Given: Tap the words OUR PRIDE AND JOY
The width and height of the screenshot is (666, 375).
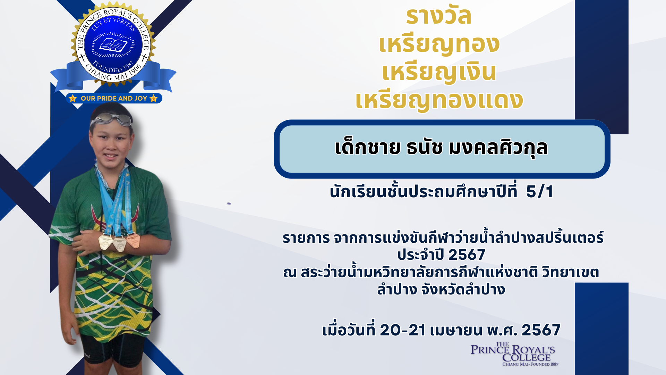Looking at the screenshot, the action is pos(114,98).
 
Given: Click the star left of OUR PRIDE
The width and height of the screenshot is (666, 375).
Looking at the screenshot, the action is pos(72,98).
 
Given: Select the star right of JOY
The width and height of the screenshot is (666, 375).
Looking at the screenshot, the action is pos(154,98).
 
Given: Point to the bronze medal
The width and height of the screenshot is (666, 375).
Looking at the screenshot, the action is pos(133,241).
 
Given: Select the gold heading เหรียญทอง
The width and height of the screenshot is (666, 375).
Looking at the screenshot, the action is pos(439,44).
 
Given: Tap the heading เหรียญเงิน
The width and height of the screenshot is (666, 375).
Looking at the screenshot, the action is pos(439,72).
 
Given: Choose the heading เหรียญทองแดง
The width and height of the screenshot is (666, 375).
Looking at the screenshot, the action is pos(439,100).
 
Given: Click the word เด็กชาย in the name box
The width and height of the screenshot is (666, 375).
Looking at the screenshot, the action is pos(367,147).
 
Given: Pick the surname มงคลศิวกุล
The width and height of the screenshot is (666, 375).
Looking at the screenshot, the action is pos(498,148).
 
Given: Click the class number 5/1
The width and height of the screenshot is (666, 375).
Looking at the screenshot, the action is pos(540,192).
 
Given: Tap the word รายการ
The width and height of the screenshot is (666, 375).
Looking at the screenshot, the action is pos(306,239).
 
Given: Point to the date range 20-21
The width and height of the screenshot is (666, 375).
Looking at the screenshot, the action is pos(403,330).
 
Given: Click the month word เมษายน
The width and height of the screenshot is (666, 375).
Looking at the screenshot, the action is pos(456,330).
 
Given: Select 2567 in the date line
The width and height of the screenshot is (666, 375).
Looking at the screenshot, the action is pos(541,330).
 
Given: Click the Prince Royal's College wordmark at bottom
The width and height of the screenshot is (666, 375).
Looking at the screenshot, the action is pos(513,354).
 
